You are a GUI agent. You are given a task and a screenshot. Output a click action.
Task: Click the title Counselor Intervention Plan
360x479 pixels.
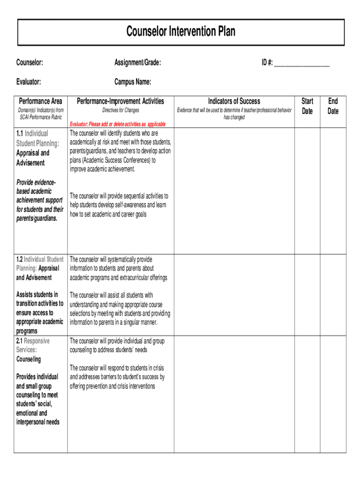[180, 32]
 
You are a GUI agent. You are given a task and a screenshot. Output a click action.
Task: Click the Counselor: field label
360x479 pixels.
[30, 63]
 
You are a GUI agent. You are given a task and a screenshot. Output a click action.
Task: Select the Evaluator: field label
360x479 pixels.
[29, 82]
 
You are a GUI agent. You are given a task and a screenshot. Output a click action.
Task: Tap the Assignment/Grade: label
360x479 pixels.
[138, 63]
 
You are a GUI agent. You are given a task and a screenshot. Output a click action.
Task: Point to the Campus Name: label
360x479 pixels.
[133, 82]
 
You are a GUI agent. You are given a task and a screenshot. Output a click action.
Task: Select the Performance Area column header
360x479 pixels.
[40, 101]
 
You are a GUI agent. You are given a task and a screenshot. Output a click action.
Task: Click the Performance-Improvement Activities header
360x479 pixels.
[121, 101]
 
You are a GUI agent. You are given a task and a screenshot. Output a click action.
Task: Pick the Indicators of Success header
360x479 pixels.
[234, 101]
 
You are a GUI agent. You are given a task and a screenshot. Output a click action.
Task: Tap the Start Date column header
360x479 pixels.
[307, 106]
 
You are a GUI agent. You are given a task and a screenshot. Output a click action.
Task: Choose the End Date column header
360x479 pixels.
[333, 106]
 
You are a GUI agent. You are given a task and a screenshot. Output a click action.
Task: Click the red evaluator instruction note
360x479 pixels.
[117, 124]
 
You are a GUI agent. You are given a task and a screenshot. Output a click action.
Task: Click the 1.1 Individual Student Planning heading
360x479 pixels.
[37, 138]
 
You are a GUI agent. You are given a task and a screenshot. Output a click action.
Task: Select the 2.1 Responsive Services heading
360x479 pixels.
[33, 345]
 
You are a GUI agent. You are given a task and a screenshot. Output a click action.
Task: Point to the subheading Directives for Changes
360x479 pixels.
[121, 110]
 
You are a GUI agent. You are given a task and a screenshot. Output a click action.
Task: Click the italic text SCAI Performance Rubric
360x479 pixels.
[40, 117]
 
